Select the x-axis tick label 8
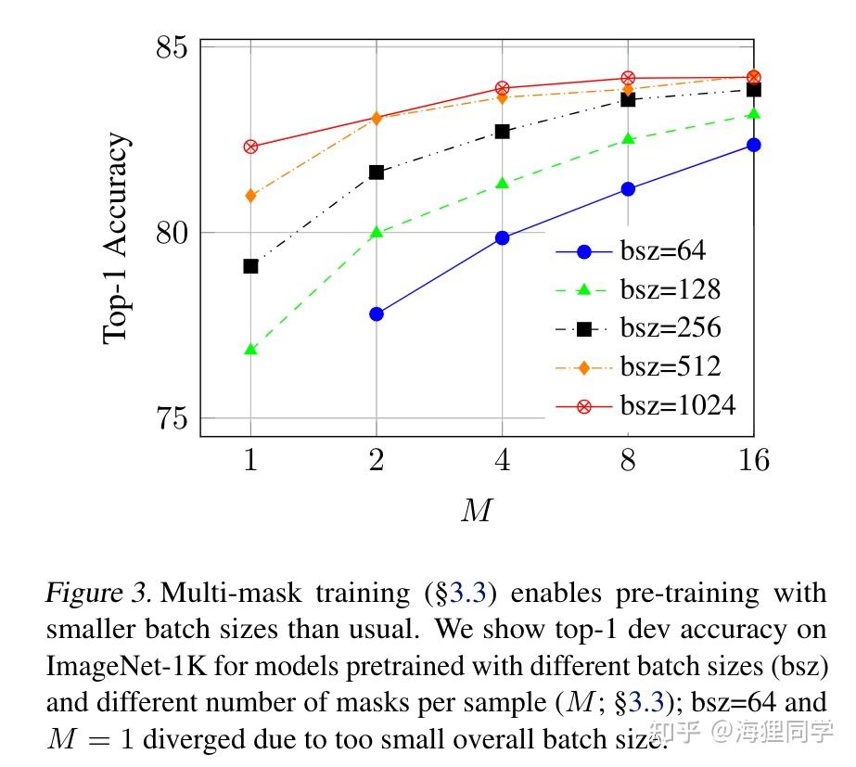[x=628, y=459]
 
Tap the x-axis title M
[x=476, y=510]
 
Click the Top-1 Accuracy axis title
[x=116, y=238]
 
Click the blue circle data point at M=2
[x=377, y=314]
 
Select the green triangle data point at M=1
[x=250, y=350]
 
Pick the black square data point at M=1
[x=250, y=266]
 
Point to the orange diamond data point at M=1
[x=250, y=196]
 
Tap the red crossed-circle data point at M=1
[x=250, y=147]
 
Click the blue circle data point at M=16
[x=753, y=145]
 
